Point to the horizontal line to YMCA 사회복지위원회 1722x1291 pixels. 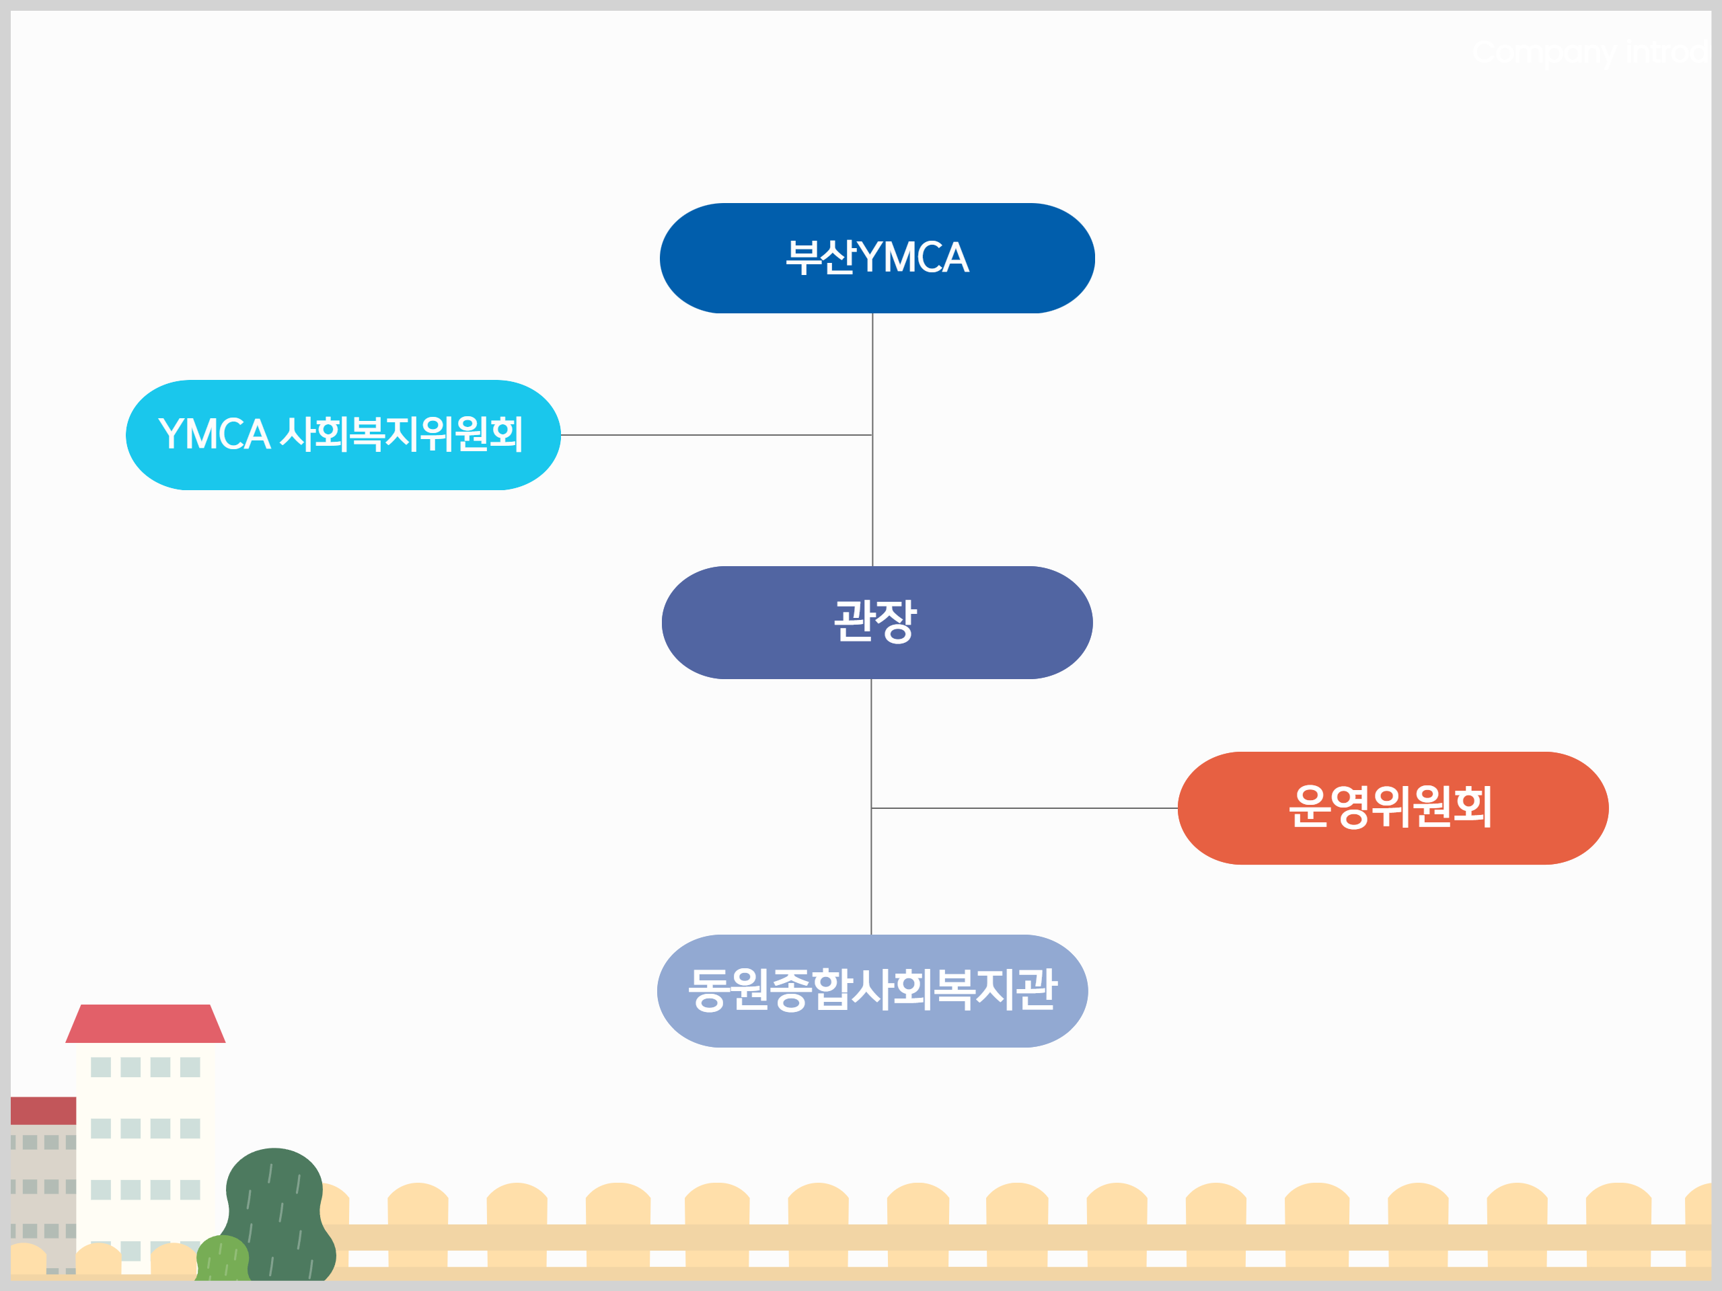(716, 435)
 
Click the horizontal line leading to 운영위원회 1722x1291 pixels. (1024, 808)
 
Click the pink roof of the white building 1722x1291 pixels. (145, 1023)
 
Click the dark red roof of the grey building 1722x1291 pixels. (43, 1111)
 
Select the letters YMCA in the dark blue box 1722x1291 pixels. (914, 258)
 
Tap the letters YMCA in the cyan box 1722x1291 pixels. (214, 434)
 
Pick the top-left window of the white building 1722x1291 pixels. (100, 1067)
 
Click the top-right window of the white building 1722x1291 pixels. (190, 1067)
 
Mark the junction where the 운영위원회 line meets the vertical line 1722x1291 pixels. (871, 808)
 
